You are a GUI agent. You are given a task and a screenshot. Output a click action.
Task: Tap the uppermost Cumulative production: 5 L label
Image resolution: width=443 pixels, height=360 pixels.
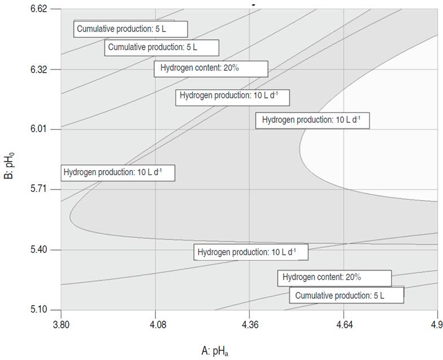(x=131, y=29)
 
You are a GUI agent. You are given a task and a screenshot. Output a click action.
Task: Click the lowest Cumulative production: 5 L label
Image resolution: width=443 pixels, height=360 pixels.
(x=346, y=295)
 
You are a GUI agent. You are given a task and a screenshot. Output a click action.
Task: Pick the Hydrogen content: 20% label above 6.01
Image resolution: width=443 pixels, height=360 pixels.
(x=211, y=68)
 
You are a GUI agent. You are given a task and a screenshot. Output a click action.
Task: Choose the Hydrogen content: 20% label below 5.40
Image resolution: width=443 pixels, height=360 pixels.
(x=334, y=278)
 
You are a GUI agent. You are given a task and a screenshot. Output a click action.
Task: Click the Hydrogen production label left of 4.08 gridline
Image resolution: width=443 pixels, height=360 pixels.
(x=118, y=172)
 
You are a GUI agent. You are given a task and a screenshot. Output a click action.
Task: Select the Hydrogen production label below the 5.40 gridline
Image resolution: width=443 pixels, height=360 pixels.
(x=251, y=252)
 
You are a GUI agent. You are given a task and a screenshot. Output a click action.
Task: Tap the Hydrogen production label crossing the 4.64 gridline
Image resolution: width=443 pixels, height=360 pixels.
(x=312, y=120)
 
